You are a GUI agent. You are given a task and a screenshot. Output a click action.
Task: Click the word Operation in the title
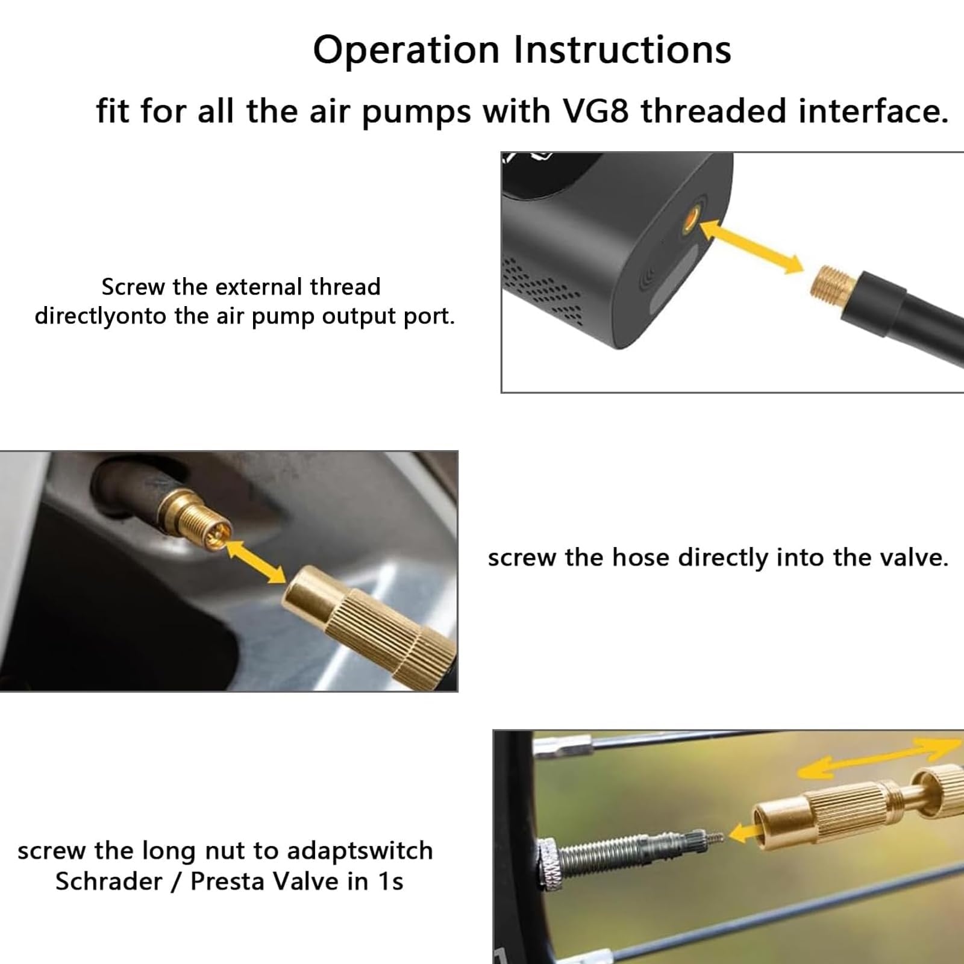click(406, 51)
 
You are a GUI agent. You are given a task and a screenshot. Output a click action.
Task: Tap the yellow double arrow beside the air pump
click(752, 246)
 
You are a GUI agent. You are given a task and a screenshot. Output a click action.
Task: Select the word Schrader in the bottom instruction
click(109, 881)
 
